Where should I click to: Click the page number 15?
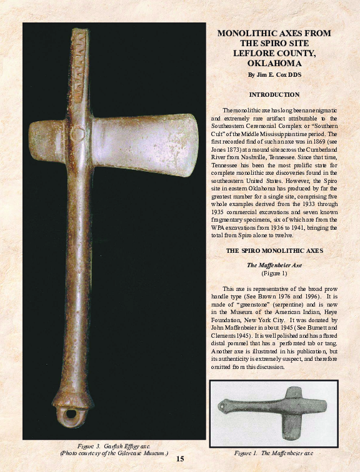click(180, 460)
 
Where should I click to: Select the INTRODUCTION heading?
click(274, 94)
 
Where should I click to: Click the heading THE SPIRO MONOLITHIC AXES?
click(274, 250)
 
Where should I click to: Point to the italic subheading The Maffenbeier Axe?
click(274, 265)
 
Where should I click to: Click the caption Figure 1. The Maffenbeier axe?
click(274, 452)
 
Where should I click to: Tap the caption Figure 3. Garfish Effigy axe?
click(114, 445)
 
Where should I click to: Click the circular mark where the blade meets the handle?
click(81, 132)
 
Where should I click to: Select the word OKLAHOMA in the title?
click(274, 64)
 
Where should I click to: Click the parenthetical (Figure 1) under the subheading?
click(274, 273)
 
